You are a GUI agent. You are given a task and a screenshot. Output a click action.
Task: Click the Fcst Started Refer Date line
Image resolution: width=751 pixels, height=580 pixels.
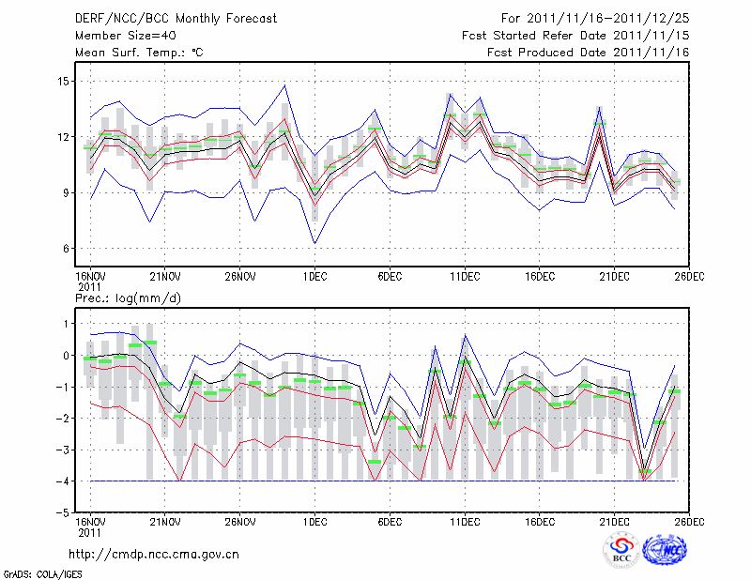coord(575,36)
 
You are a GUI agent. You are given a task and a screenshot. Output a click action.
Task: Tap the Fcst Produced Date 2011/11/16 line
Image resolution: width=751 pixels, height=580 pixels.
coord(588,53)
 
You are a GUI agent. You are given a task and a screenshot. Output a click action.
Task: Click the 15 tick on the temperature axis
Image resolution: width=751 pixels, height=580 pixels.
coord(63,82)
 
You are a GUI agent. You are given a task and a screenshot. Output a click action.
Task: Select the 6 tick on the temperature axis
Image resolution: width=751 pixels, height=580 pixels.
coord(67,249)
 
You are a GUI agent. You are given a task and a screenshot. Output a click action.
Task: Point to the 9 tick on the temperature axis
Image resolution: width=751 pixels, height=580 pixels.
coord(67,193)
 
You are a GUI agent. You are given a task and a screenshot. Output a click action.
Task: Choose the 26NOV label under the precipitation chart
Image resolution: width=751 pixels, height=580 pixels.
coord(239,521)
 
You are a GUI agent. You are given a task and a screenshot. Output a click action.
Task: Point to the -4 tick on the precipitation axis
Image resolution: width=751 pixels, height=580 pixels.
coord(63,481)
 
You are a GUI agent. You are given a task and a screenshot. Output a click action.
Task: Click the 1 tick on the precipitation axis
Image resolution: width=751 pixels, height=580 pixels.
coord(67,324)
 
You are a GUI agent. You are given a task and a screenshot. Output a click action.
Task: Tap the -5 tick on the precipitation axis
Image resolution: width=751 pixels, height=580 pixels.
coord(63,513)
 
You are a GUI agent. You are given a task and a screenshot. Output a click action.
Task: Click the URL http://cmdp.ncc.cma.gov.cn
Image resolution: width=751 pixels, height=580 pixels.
coord(154,555)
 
